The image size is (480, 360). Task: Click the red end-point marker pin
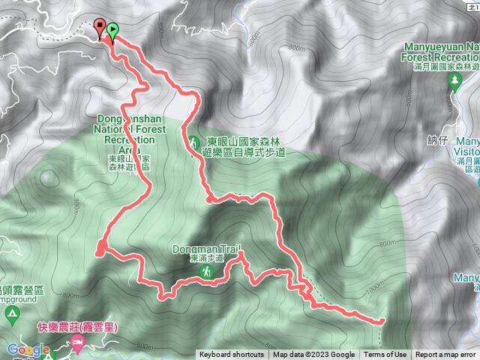pyautogui.click(x=100, y=28)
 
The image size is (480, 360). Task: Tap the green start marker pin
pyautogui.click(x=112, y=31)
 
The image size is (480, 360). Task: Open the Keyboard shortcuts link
pyautogui.click(x=231, y=355)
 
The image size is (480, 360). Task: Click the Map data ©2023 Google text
pyautogui.click(x=313, y=355)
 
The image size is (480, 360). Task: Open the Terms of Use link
pyautogui.click(x=385, y=355)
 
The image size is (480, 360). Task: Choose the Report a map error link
pyautogui.click(x=445, y=355)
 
